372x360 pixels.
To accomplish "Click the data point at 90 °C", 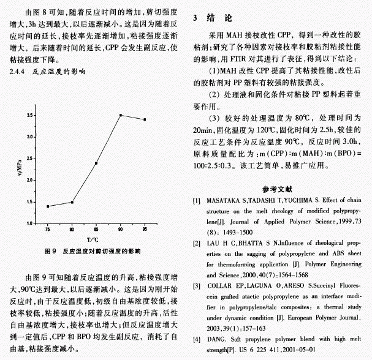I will (x=120, y=115).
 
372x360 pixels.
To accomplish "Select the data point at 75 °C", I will (x=48, y=206).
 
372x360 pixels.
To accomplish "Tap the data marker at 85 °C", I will (x=96, y=163).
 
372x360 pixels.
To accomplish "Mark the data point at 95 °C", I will (x=145, y=119).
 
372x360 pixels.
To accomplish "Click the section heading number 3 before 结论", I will (x=195, y=18).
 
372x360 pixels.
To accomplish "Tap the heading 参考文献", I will (x=281, y=190).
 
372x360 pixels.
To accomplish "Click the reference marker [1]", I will (x=196, y=201).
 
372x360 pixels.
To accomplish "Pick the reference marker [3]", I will (x=196, y=285).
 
